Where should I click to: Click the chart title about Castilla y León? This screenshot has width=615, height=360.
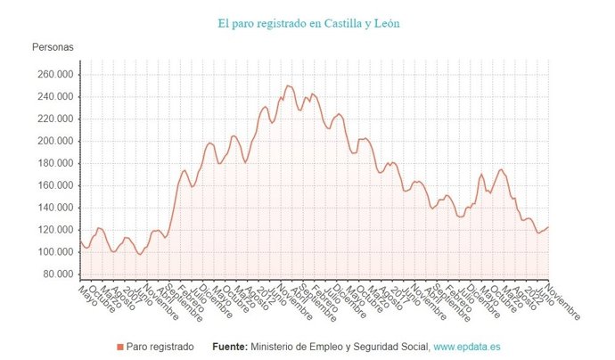[x=308, y=22]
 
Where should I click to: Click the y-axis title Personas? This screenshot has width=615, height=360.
[x=53, y=46]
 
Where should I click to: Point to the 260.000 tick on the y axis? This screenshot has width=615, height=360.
[x=53, y=75]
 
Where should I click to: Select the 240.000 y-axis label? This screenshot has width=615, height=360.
[x=53, y=97]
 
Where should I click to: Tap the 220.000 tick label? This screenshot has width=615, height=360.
[x=53, y=119]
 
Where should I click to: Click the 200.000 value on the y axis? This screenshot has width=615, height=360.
[x=53, y=142]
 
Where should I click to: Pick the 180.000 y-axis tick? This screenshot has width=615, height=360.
[x=53, y=163]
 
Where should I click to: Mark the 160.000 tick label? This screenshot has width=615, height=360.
[x=53, y=185]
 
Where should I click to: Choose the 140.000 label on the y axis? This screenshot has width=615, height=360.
[x=53, y=208]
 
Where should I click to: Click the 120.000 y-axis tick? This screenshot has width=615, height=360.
[x=53, y=230]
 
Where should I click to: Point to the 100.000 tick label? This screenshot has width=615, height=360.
[x=53, y=252]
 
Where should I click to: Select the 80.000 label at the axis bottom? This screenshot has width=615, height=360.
[x=56, y=274]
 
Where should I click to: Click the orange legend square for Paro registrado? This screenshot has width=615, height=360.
[x=120, y=346]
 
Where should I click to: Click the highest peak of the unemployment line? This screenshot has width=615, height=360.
[x=287, y=86]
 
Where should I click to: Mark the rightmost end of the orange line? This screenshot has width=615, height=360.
[x=548, y=227]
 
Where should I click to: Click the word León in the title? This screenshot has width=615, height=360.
[x=385, y=22]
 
